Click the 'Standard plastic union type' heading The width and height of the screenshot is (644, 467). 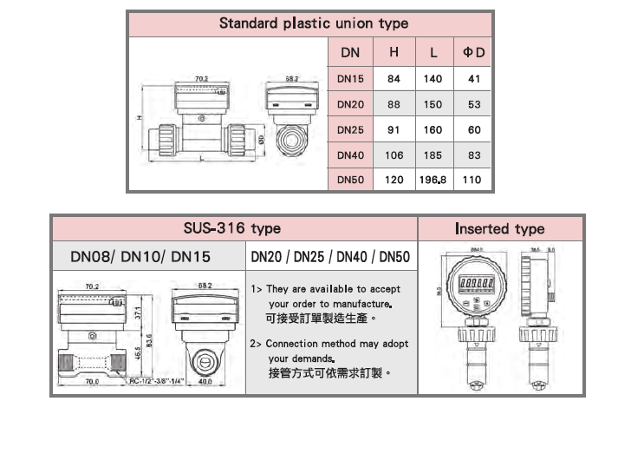(313, 23)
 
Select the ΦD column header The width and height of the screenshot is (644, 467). (473, 53)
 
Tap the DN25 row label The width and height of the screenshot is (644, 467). (351, 129)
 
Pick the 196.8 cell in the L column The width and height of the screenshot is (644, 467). (433, 181)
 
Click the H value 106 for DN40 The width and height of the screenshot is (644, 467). (394, 155)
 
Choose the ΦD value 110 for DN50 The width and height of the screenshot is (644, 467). (473, 181)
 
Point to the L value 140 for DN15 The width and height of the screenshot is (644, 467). (433, 79)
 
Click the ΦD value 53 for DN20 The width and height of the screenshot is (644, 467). (473, 104)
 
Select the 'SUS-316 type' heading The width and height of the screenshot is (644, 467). (231, 228)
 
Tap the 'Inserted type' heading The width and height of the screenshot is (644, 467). (500, 229)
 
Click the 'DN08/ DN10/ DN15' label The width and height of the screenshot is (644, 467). (147, 258)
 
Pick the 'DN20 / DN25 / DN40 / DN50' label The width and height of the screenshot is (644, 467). (330, 258)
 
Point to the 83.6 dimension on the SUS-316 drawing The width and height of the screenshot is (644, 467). (150, 339)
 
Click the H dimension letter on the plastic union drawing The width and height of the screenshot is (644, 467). (139, 118)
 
